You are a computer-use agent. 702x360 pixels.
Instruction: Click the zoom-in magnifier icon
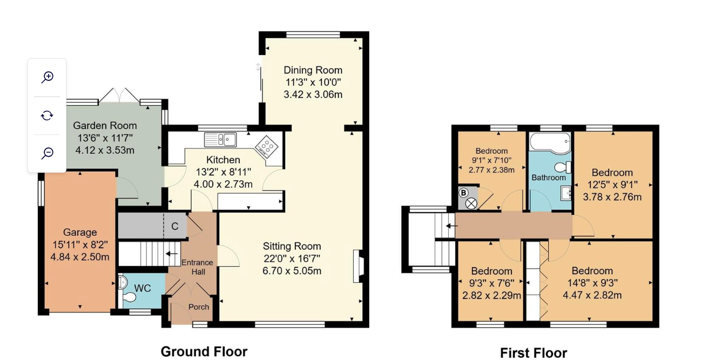pyautogui.click(x=48, y=77)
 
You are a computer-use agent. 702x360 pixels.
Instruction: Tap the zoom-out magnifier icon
pyautogui.click(x=48, y=153)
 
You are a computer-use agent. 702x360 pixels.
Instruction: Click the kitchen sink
pyautogui.click(x=220, y=139)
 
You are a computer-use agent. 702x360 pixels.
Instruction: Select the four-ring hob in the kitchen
pyautogui.click(x=266, y=147)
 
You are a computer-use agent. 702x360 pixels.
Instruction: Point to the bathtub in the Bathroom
pyautogui.click(x=550, y=143)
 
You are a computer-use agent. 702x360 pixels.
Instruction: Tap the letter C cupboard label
pyautogui.click(x=175, y=226)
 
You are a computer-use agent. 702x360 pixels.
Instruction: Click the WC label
pyautogui.click(x=143, y=288)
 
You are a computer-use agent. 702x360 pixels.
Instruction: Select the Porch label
pyautogui.click(x=199, y=307)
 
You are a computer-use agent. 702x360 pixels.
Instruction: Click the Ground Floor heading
pyautogui.click(x=204, y=351)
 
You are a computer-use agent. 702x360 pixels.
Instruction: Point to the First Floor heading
pyautogui.click(x=534, y=353)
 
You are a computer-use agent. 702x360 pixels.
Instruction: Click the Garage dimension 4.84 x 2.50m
pyautogui.click(x=80, y=257)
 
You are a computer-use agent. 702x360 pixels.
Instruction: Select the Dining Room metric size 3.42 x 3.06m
pyautogui.click(x=313, y=94)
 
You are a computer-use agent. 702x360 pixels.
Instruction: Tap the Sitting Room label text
pyautogui.click(x=292, y=246)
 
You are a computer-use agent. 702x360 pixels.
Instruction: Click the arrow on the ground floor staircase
pyautogui.click(x=171, y=254)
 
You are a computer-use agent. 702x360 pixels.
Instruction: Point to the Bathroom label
pyautogui.click(x=549, y=178)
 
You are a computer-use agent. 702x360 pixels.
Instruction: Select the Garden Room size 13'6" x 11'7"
pyautogui.click(x=105, y=138)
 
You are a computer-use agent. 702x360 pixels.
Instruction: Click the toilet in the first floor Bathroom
pyautogui.click(x=563, y=167)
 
